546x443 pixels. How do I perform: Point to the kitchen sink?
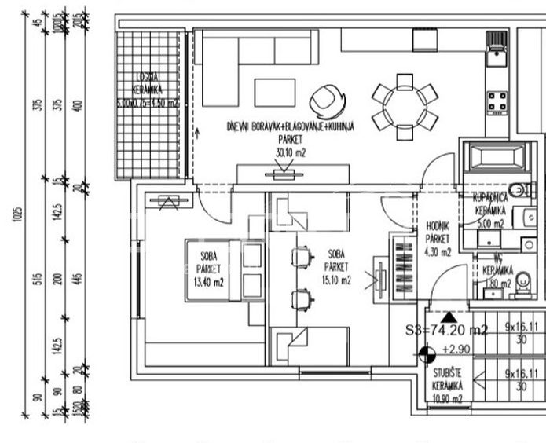click(x=496, y=52)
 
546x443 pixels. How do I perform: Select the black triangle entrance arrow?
click(x=448, y=317)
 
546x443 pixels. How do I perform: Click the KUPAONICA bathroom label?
click(x=493, y=200)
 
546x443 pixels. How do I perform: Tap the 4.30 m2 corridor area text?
click(x=438, y=251)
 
